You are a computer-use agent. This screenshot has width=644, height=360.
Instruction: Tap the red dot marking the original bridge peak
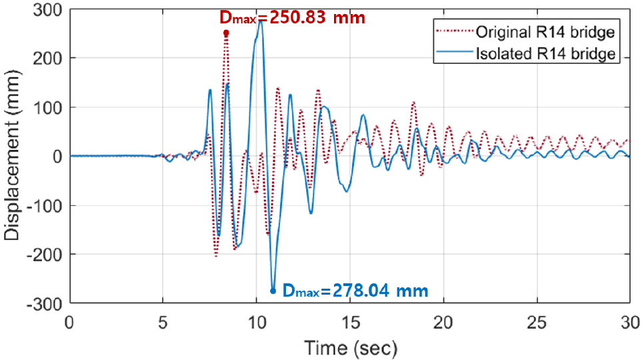point(226,33)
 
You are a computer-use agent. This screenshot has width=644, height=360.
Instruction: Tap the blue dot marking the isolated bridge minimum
point(273,291)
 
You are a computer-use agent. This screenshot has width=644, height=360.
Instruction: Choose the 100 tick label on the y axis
point(49,107)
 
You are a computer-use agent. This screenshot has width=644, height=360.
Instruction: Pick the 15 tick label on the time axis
point(349,321)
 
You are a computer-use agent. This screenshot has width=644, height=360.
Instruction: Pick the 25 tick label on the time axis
point(537,321)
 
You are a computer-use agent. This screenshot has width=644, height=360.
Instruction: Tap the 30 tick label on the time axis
point(629,321)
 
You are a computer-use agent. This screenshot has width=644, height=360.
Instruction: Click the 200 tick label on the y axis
point(49,59)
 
